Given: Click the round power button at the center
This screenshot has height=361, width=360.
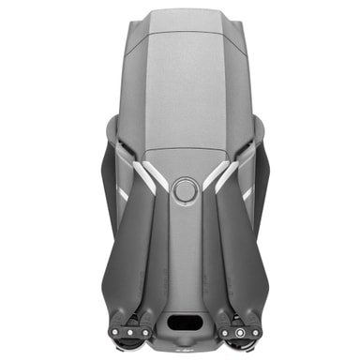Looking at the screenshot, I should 184,190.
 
